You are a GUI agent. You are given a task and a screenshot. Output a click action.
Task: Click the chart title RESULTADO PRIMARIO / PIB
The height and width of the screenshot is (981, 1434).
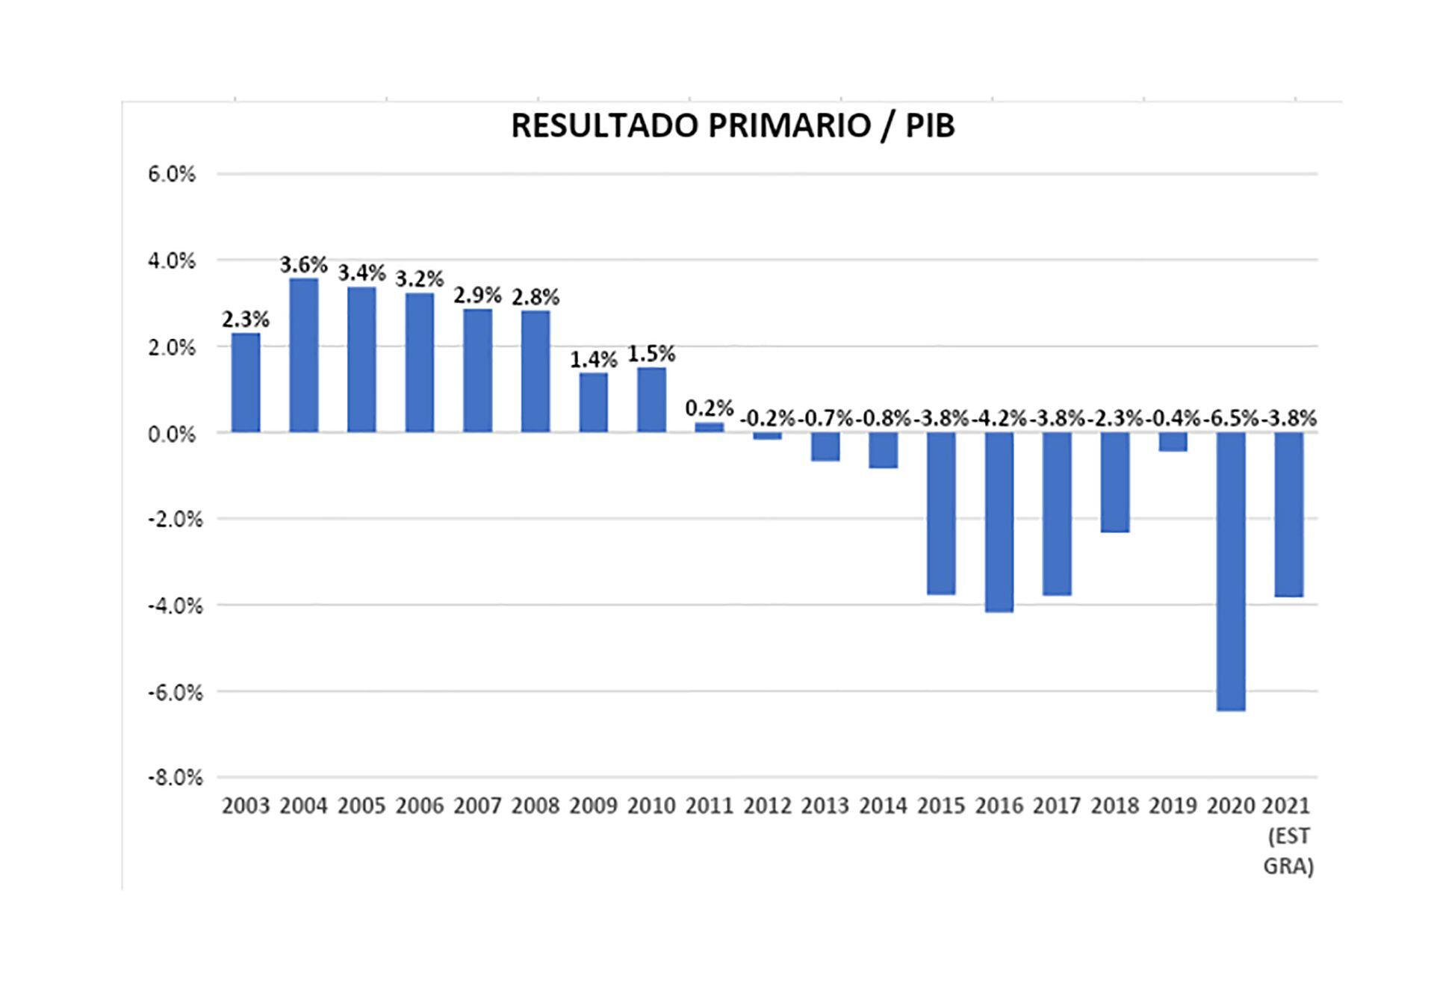[x=733, y=125]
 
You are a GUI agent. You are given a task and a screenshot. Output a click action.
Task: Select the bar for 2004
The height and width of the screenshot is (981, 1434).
[x=304, y=355]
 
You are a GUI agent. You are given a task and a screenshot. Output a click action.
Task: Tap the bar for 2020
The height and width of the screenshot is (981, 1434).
[x=1230, y=571]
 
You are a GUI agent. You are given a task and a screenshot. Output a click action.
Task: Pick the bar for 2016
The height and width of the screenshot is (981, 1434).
[x=999, y=522]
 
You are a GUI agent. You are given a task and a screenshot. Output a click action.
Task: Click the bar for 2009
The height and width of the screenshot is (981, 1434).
[x=594, y=402]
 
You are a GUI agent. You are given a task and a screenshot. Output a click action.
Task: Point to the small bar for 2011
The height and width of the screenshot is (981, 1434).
[x=710, y=427]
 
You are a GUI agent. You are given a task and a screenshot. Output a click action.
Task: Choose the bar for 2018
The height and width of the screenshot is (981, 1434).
[x=1114, y=482]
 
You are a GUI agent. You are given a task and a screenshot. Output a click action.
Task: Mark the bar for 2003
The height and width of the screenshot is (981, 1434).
[x=246, y=382]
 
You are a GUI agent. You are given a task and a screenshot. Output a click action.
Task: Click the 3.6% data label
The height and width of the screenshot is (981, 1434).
[x=304, y=264]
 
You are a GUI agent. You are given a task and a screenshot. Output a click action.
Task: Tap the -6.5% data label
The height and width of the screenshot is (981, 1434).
[x=1230, y=419]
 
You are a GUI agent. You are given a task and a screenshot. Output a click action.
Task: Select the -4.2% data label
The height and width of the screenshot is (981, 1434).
[x=999, y=419]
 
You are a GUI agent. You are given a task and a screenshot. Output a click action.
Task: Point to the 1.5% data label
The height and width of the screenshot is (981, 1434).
[x=651, y=353]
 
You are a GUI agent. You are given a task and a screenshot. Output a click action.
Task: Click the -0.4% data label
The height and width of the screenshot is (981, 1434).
[x=1173, y=419]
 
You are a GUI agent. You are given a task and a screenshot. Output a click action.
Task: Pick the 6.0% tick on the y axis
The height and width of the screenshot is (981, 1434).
[x=172, y=174]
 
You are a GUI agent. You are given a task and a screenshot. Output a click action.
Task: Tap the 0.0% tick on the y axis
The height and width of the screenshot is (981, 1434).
[x=172, y=433]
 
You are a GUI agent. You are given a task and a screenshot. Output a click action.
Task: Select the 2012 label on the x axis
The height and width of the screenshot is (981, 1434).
[x=767, y=806]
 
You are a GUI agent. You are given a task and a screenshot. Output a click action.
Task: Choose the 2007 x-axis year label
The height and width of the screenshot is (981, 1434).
[x=477, y=806]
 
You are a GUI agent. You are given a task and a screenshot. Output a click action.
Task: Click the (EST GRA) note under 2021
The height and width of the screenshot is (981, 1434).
[x=1288, y=851]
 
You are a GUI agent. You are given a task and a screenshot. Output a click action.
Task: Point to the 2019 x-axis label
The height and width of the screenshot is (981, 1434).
[x=1173, y=806]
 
